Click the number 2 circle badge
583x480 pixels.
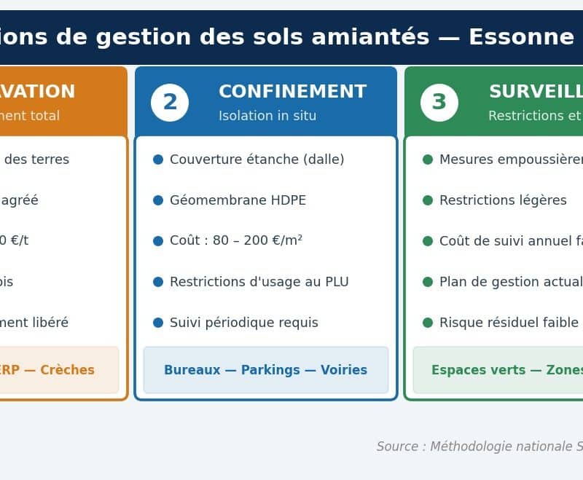(170, 103)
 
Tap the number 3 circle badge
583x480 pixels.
(439, 103)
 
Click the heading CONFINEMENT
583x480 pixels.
(292, 92)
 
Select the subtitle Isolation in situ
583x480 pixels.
(267, 116)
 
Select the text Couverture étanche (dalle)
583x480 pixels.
(257, 160)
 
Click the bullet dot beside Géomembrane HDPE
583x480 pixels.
(158, 200)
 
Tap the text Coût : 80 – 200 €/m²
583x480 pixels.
(236, 241)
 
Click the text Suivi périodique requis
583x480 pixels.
(244, 323)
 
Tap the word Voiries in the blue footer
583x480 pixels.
(343, 370)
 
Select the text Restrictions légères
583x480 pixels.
(503, 200)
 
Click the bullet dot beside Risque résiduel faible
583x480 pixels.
(428, 323)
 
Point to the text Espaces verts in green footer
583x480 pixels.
(469, 370)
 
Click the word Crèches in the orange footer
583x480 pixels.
(67, 370)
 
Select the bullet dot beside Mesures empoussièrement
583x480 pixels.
(428, 160)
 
